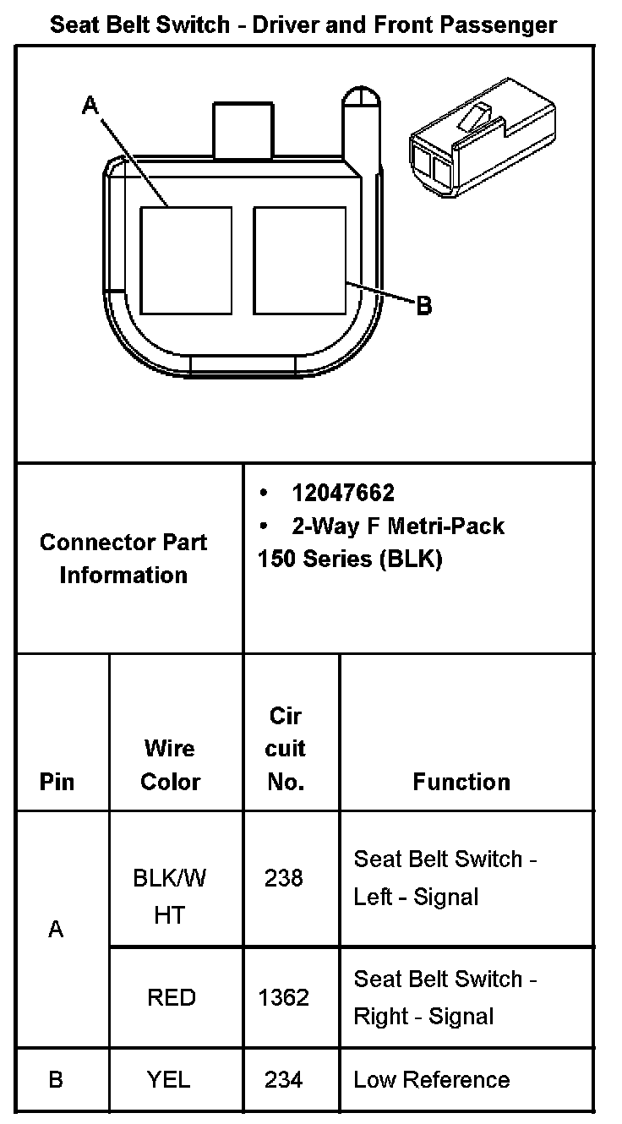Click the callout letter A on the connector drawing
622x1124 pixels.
[90, 106]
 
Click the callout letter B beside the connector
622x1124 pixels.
[424, 305]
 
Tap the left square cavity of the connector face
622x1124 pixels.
[185, 260]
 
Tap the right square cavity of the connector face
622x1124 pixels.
[299, 260]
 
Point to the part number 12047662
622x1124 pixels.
[343, 493]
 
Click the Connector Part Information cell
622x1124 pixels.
[123, 559]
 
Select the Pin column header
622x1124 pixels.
[57, 782]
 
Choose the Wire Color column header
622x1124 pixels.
[170, 765]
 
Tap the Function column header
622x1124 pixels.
[461, 782]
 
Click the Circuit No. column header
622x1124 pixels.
[286, 749]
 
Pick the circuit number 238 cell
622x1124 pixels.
[284, 879]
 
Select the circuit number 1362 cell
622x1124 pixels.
[284, 998]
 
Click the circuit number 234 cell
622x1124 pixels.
[284, 1079]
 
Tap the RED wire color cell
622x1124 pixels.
[172, 998]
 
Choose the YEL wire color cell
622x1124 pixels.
[169, 1079]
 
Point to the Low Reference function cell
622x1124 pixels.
[432, 1079]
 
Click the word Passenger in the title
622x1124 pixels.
[504, 25]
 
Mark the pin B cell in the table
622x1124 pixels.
[57, 1079]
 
